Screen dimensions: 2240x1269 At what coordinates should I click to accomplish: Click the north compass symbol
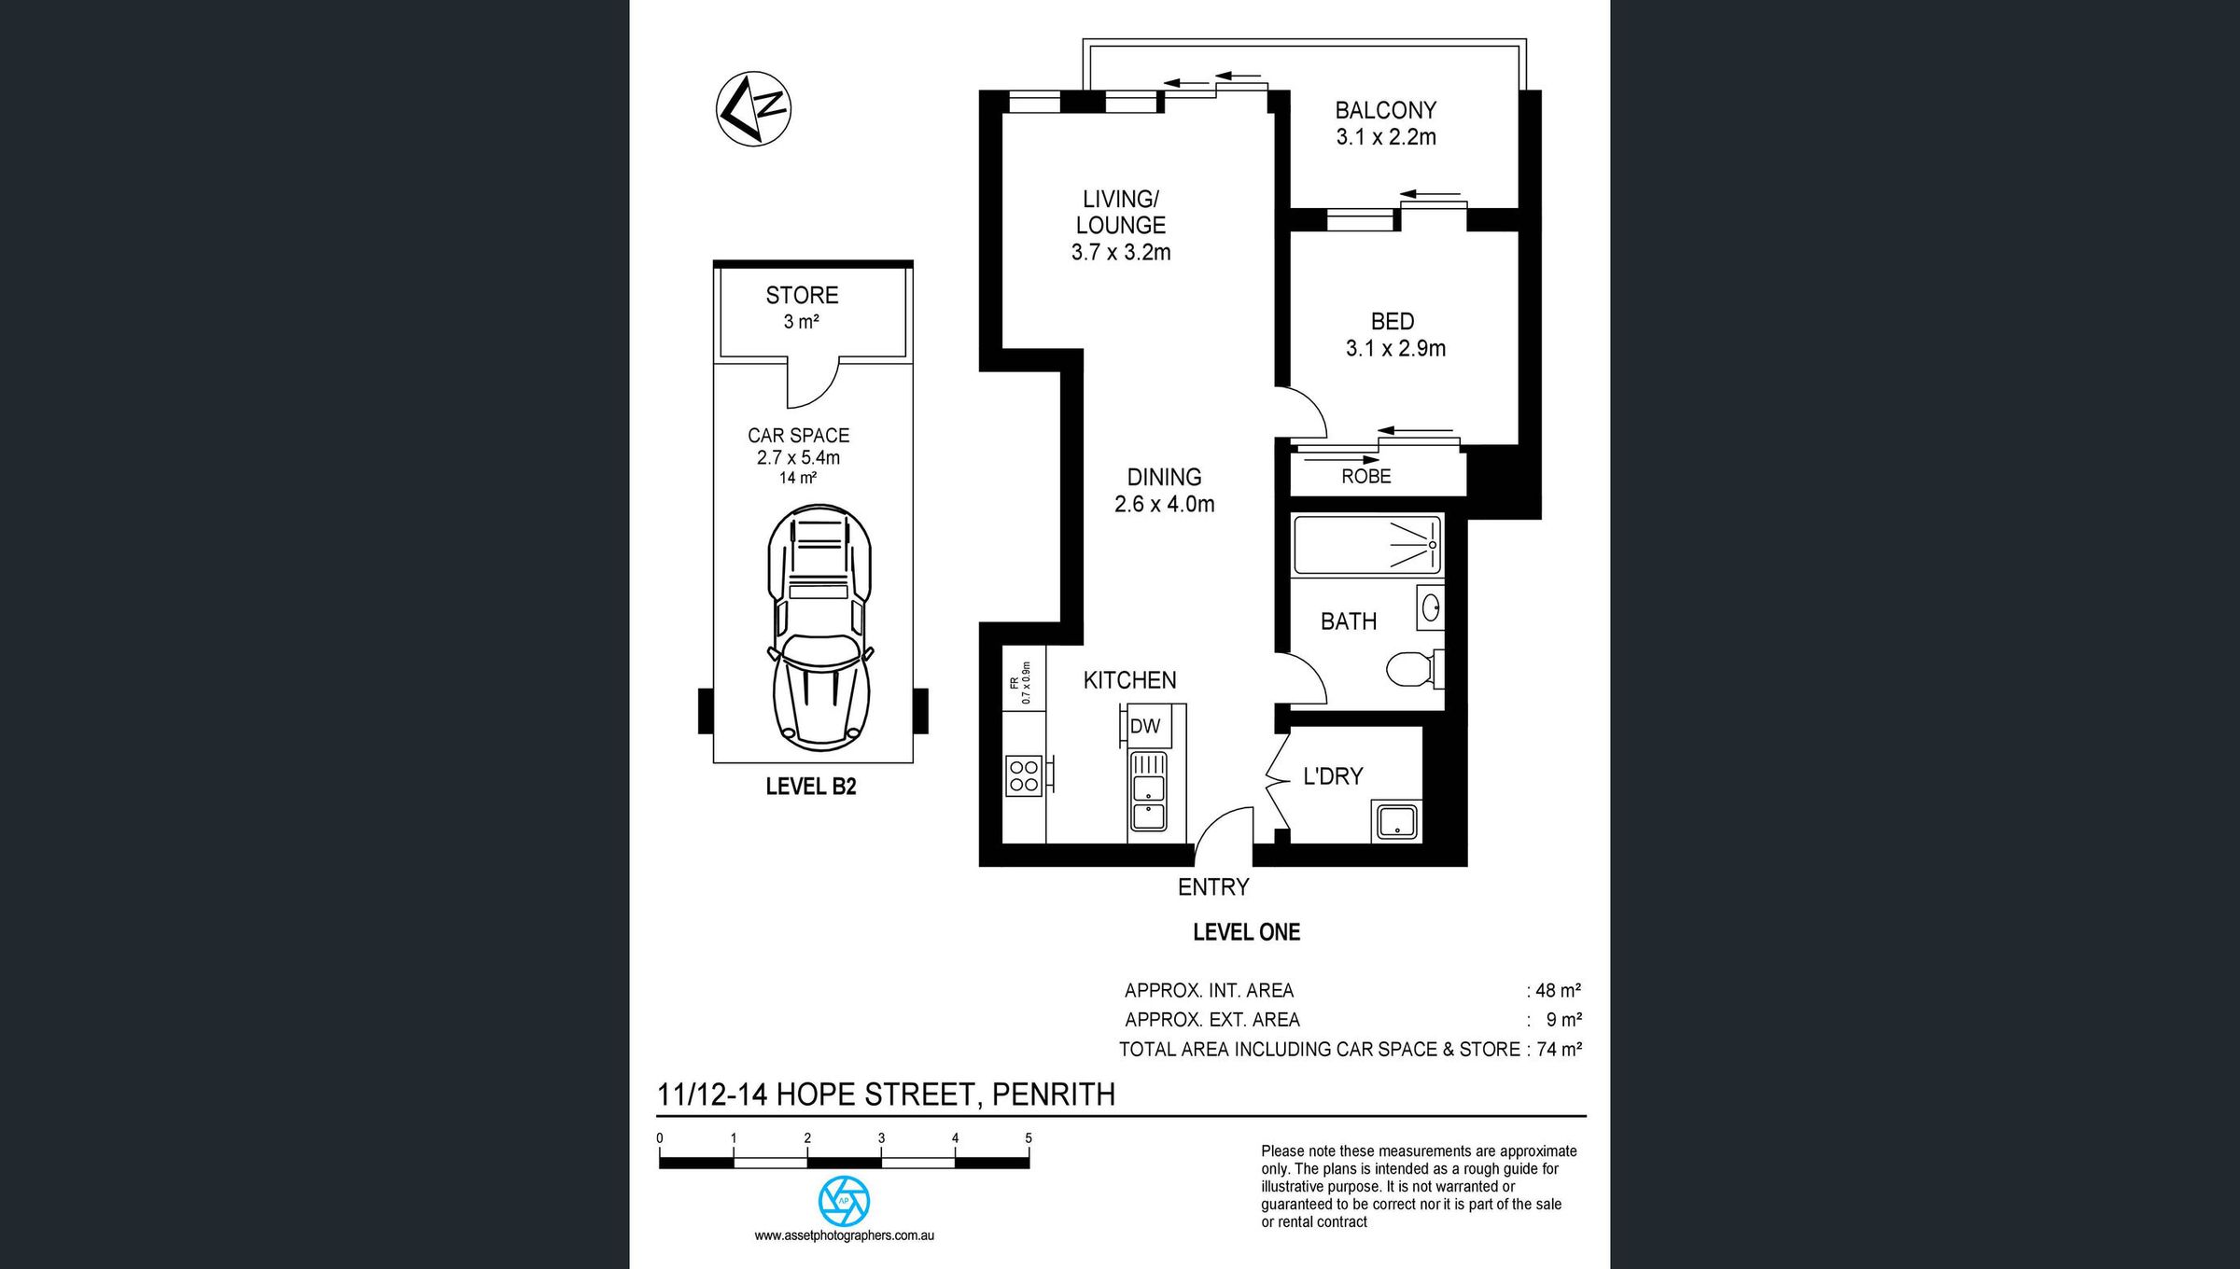(x=754, y=108)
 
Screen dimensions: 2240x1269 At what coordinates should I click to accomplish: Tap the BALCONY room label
(x=1385, y=110)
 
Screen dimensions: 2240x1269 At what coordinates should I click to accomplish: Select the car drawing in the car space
(x=819, y=628)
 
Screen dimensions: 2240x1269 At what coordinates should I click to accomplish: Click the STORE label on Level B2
(x=802, y=295)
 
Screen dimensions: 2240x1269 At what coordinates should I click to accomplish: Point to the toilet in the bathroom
(x=1415, y=669)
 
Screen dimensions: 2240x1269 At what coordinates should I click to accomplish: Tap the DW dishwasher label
(x=1145, y=727)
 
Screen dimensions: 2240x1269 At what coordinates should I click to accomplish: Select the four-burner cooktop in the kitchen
(x=1024, y=775)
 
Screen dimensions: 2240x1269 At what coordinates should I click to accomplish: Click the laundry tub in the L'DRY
(x=1396, y=821)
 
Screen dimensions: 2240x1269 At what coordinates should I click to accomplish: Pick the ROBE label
(x=1366, y=476)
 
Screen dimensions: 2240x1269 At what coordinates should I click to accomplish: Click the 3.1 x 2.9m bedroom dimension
(x=1395, y=348)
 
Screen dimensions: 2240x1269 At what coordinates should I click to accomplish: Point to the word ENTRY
(x=1213, y=887)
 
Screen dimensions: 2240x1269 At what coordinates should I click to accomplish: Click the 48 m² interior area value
(x=1558, y=990)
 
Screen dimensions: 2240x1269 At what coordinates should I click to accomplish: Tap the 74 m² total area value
(x=1559, y=1049)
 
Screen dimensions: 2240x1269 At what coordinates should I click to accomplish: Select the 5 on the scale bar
(x=1029, y=1138)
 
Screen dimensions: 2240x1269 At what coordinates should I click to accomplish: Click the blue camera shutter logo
(x=844, y=1201)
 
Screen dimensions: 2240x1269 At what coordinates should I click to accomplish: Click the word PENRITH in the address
(x=1053, y=1094)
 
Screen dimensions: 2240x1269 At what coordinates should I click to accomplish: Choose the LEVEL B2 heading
(x=811, y=787)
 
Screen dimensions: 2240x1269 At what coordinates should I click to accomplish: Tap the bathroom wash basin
(x=1430, y=608)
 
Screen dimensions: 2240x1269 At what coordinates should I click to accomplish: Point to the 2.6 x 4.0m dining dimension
(x=1165, y=505)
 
